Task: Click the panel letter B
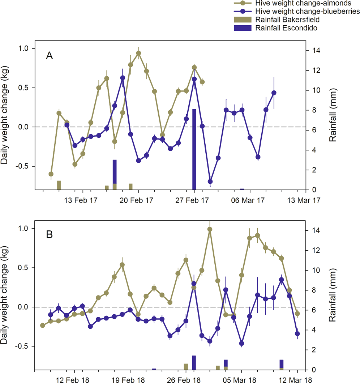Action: [x=50, y=234]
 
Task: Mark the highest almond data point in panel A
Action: [x=138, y=53]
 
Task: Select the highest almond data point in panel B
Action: [x=210, y=229]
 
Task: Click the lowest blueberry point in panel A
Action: [x=210, y=182]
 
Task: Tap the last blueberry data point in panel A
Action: [x=274, y=93]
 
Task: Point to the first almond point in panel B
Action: [x=43, y=325]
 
